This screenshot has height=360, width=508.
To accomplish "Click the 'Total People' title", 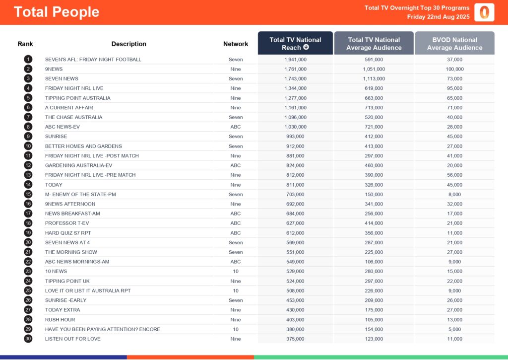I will point(57,12).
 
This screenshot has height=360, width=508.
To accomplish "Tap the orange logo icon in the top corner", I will point(484,12).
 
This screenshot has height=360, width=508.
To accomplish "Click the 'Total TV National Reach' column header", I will point(295,44).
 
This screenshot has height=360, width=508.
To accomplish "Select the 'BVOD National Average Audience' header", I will point(454,44).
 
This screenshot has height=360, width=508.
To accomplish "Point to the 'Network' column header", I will point(236,44).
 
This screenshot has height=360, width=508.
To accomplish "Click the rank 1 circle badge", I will point(28,59).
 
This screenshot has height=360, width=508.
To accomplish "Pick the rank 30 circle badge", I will point(28,339).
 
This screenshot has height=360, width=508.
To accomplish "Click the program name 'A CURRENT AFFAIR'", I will point(69,107).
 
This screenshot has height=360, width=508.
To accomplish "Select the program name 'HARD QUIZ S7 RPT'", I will point(68,233).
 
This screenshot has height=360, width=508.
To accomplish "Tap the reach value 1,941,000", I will point(295,59).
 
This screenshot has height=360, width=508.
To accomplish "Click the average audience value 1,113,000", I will point(374,78).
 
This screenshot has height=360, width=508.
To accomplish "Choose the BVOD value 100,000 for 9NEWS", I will point(454,69).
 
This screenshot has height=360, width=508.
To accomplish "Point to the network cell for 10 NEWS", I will point(236,271).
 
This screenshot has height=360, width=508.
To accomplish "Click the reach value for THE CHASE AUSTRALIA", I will point(295,117).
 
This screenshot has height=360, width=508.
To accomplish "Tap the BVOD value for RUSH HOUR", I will point(454,319).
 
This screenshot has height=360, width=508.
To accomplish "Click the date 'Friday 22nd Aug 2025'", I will point(438,17).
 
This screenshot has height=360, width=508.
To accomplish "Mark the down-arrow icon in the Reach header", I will point(306,48).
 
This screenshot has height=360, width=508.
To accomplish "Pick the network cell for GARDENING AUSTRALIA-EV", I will point(236,165).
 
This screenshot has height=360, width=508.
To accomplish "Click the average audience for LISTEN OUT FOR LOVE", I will point(374,339).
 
